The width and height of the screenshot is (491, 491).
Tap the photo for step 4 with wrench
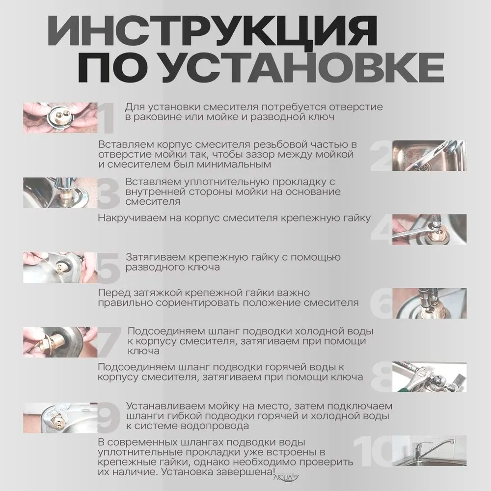pyautogui.click(x=429, y=229)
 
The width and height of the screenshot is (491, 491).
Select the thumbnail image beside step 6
pyautogui.click(x=429, y=303)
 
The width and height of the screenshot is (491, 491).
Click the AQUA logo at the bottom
pyautogui.click(x=283, y=475)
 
